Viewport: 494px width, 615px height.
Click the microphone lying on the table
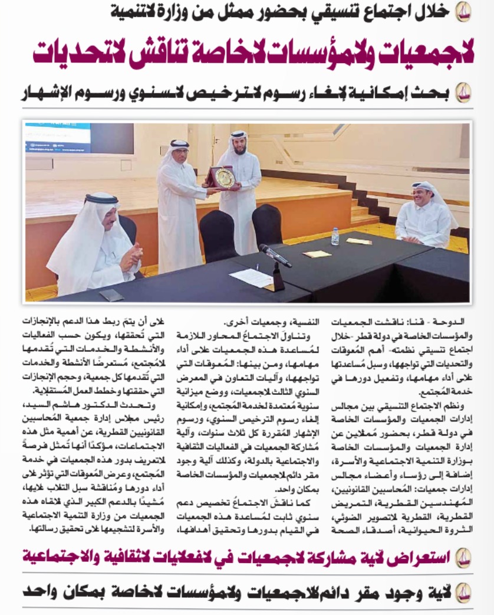pos(275,255)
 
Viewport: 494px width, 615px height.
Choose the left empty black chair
pos(218,236)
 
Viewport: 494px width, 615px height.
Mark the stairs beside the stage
pos(360,204)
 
